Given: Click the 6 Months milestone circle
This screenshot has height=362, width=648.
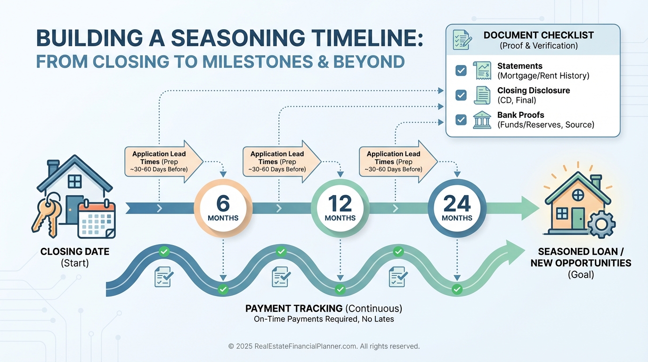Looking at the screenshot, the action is click(x=223, y=208).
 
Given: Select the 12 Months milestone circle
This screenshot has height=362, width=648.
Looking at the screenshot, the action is click(x=340, y=208).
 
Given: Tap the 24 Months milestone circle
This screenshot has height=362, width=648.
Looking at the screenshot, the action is click(x=457, y=208).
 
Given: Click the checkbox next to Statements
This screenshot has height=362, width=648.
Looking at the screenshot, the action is click(x=461, y=70).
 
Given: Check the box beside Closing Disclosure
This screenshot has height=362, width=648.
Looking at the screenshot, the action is click(x=461, y=95).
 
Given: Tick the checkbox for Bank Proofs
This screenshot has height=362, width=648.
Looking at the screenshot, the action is click(x=461, y=120).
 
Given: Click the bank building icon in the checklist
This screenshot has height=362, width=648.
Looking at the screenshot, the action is click(x=482, y=120).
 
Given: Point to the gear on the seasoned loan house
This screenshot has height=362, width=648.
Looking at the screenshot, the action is click(x=601, y=224).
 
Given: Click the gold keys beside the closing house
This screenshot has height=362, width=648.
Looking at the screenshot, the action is click(x=47, y=215).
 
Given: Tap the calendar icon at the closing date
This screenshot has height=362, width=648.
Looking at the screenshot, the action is click(x=97, y=219).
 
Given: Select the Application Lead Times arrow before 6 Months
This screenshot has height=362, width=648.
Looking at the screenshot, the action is click(x=164, y=162).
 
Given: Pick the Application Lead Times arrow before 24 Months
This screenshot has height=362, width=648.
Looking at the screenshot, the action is click(x=398, y=162).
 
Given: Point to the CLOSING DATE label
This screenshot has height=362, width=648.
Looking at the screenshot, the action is click(x=75, y=251).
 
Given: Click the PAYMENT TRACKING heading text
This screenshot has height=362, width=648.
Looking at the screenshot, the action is click(x=294, y=308).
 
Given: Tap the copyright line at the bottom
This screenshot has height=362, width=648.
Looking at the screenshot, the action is click(x=324, y=346).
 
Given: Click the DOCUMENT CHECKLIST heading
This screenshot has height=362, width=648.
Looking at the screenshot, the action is click(x=539, y=35).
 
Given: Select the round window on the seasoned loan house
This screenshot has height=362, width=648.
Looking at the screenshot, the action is click(x=578, y=195).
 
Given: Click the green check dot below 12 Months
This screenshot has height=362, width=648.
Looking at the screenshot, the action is click(x=340, y=289).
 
